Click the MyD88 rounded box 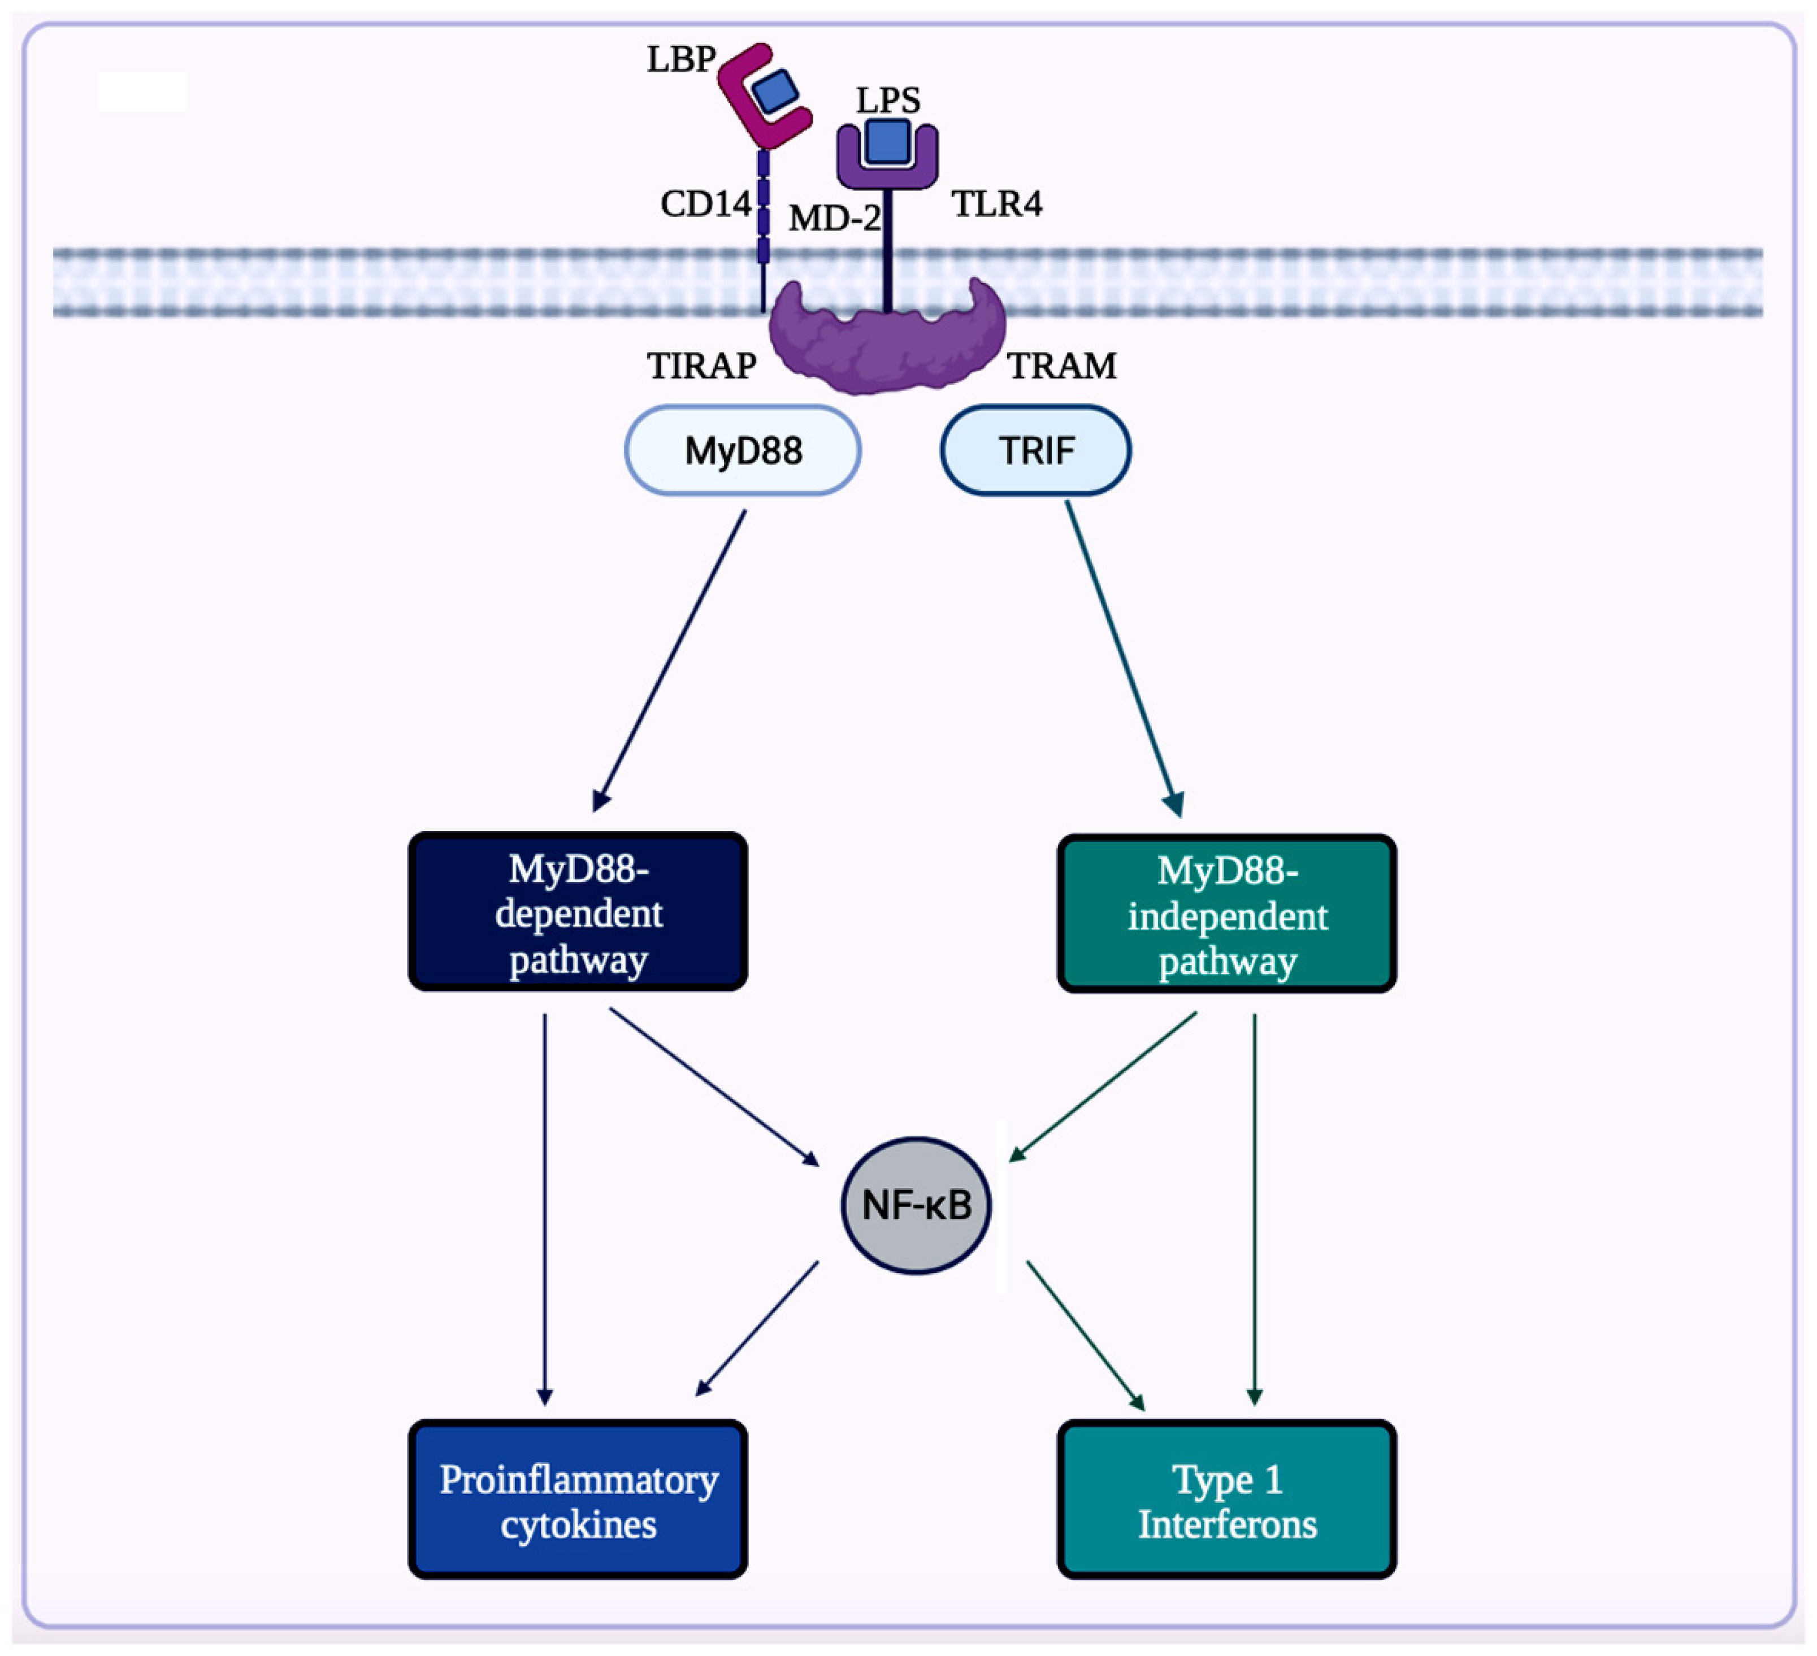[743, 450]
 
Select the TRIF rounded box [1035, 450]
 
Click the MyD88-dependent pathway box [578, 912]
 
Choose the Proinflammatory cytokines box [578, 1500]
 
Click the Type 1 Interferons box [1226, 1500]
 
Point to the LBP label [680, 59]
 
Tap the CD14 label [705, 205]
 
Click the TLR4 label [997, 205]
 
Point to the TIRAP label [701, 366]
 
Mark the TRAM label [1062, 366]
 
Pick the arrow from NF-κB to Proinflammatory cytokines [757, 1329]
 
